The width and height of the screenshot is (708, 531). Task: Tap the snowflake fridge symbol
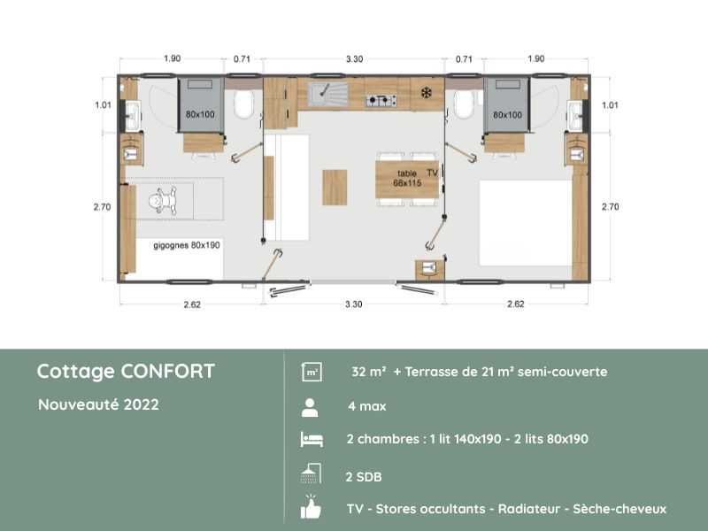[x=425, y=92]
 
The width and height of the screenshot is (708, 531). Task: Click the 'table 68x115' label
[x=395, y=179]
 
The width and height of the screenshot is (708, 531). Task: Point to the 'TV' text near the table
[x=432, y=173]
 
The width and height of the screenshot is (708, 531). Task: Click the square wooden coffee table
[x=335, y=187]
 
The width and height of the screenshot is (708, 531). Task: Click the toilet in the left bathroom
[x=246, y=105]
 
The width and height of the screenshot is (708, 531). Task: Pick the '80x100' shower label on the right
[x=507, y=115]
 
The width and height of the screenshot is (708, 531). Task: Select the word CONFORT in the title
[x=168, y=371]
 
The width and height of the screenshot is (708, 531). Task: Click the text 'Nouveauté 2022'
[x=98, y=404]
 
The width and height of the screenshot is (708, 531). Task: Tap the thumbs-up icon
[x=310, y=509]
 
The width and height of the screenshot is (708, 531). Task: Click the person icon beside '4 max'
[x=310, y=407]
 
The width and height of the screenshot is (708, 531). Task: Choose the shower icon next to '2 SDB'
[x=310, y=474]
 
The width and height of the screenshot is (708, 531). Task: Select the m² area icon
[x=311, y=373]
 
